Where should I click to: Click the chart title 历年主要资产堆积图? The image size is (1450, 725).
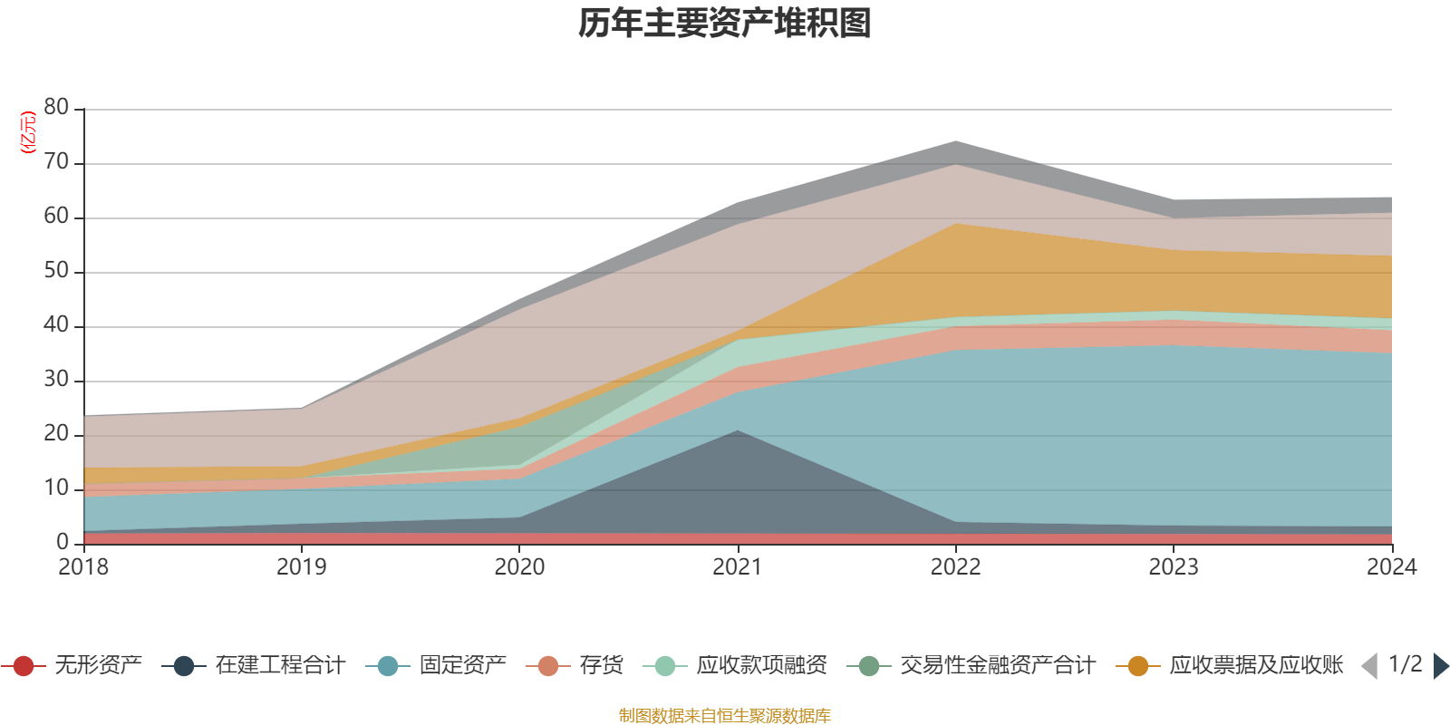tap(725, 24)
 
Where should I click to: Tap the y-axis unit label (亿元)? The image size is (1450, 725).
tap(28, 132)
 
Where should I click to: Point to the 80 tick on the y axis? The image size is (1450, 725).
tap(56, 108)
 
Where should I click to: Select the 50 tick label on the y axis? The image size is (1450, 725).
tap(56, 271)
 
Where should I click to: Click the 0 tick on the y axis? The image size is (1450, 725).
tap(63, 542)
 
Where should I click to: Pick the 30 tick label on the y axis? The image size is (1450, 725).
tap(56, 380)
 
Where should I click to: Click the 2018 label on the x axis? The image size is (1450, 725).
tap(83, 567)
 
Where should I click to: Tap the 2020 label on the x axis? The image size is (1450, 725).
tap(519, 567)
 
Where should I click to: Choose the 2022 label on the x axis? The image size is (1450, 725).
tap(955, 567)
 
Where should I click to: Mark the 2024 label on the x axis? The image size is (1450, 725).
tap(1391, 567)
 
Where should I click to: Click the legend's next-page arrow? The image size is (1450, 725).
tap(1440, 666)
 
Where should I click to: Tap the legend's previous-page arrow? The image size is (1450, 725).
tap(1369, 666)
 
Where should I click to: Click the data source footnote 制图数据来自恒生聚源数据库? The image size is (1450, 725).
tap(725, 716)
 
